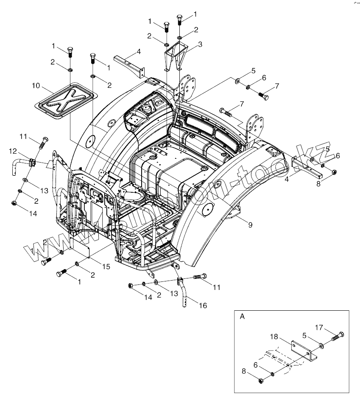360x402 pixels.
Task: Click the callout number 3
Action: [x=200, y=44]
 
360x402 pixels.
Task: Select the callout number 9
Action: [x=250, y=225]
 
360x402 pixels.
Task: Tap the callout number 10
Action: [x=36, y=86]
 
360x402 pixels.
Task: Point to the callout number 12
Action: [x=13, y=151]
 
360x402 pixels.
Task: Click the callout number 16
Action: [x=203, y=305]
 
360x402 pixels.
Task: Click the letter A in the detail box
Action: [x=242, y=316]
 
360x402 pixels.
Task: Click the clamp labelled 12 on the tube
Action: [x=31, y=162]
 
